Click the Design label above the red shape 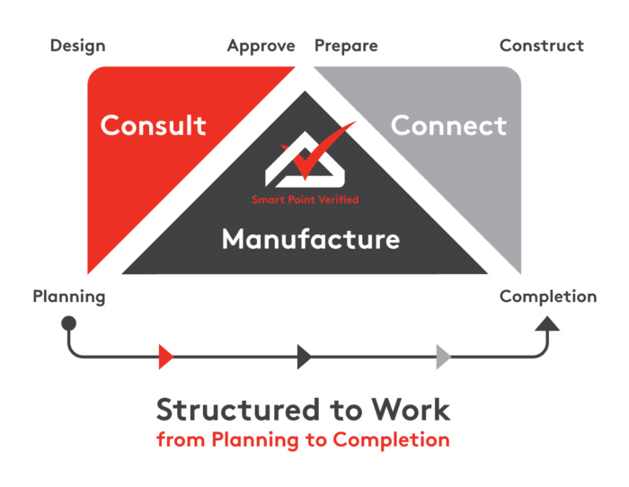click(77, 46)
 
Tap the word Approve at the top click(261, 46)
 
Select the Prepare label click(346, 46)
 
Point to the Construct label click(542, 46)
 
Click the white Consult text click(154, 126)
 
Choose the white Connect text click(449, 126)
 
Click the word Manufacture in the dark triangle click(311, 240)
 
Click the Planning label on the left click(69, 296)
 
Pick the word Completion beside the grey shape click(548, 297)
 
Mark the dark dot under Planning click(68, 322)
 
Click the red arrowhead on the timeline click(164, 357)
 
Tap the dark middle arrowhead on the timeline click(305, 357)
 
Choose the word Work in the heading click(414, 410)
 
